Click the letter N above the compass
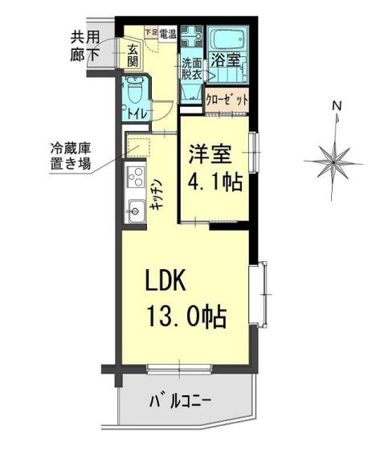coord(337,106)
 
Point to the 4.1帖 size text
coord(215,182)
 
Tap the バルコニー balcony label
coord(180,401)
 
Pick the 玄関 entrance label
coord(133,55)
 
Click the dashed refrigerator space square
coord(139,148)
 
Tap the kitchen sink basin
coord(135,211)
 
